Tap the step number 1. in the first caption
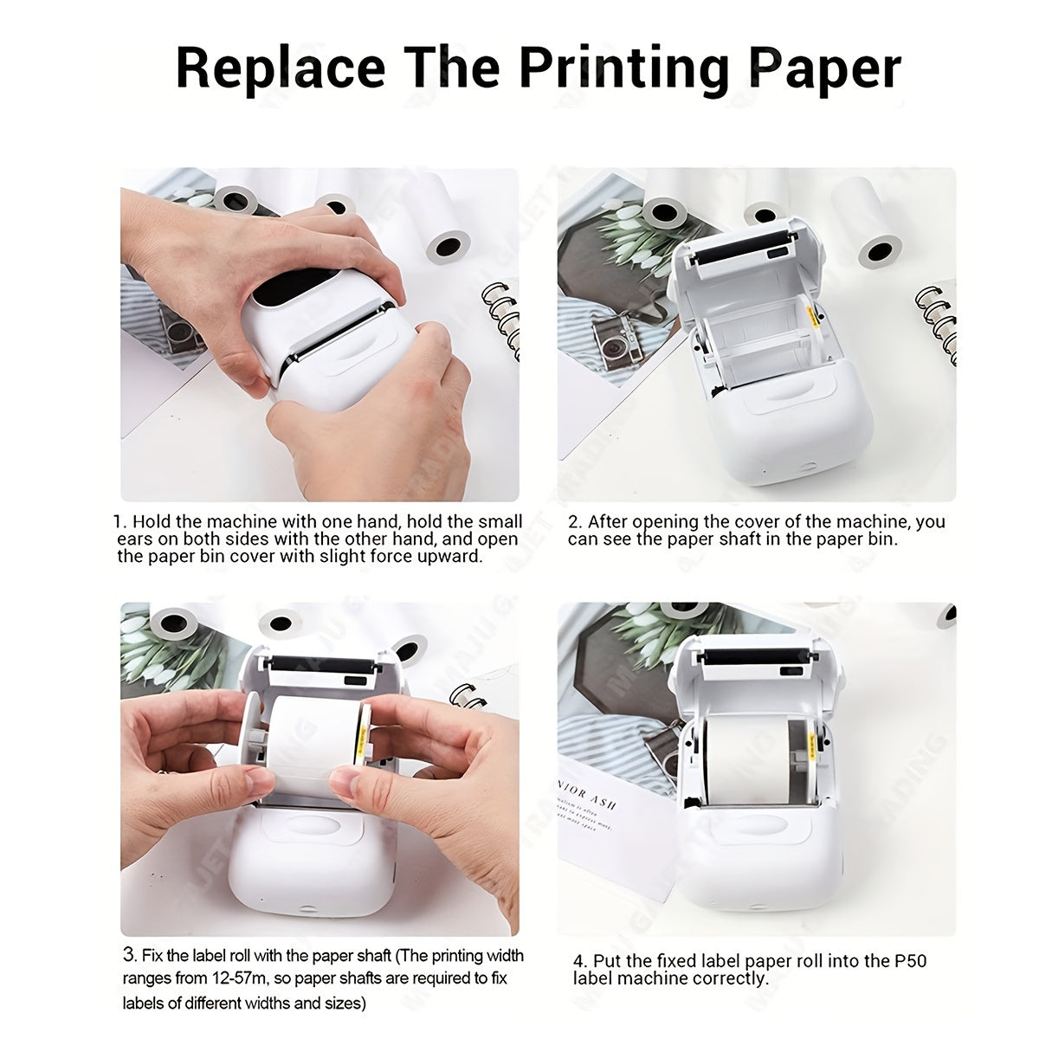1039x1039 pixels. [120, 522]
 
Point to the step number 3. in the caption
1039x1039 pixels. [130, 956]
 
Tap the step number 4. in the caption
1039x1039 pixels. [581, 961]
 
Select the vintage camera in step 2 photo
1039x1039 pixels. [616, 340]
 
